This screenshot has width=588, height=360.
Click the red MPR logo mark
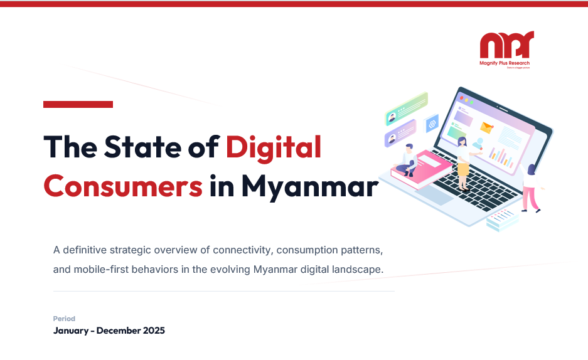(x=506, y=46)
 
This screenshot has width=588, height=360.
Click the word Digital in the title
(x=274, y=147)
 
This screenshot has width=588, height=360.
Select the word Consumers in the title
(x=123, y=185)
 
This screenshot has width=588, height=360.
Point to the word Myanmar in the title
(x=310, y=185)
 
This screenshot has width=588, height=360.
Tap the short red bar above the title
(x=78, y=104)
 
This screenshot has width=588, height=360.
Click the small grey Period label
(x=64, y=319)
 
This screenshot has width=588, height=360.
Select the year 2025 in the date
(x=153, y=331)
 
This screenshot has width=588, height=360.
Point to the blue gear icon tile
(x=431, y=124)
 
